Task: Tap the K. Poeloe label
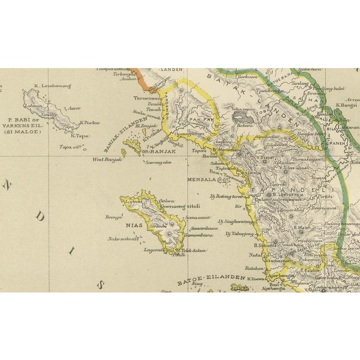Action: coord(90,121)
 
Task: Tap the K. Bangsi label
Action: coord(346,105)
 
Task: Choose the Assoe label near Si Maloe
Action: coord(73,108)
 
